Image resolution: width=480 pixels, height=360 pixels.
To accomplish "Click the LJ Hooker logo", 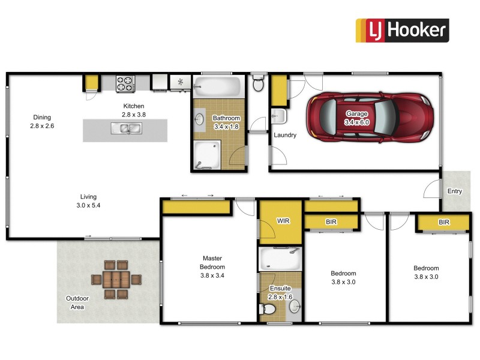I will (402, 30).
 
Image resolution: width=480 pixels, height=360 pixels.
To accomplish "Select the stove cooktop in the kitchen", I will (125, 83).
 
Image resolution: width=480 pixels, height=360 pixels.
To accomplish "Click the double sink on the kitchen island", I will (125, 128).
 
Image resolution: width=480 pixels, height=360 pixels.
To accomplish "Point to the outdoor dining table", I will (116, 280).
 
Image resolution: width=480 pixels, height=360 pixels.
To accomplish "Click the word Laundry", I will (285, 135).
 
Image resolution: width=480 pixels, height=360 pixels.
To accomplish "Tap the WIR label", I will (283, 221).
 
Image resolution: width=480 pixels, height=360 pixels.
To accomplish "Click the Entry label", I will (455, 191).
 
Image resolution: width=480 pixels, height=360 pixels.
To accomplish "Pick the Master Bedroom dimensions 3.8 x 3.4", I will (213, 277).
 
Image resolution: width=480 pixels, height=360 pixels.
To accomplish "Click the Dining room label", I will (42, 118).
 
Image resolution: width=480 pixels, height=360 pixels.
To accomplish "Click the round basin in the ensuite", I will (294, 307).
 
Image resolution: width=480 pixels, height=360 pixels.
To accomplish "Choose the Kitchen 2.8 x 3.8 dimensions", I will (134, 114).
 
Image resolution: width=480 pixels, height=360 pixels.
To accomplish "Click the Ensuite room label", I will (277, 288).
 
